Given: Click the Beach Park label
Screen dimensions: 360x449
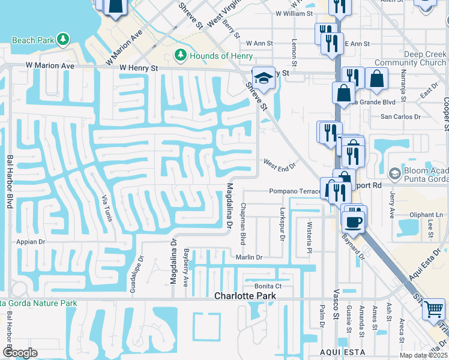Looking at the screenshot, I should click(x=34, y=40).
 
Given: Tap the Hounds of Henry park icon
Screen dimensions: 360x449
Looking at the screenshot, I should click(x=179, y=56).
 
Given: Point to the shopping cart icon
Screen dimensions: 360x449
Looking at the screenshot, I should click(x=433, y=310).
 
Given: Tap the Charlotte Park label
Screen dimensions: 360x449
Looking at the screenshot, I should click(x=245, y=296).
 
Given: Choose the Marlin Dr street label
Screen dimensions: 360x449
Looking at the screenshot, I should click(x=249, y=257).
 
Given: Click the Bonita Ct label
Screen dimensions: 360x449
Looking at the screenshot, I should click(x=268, y=286).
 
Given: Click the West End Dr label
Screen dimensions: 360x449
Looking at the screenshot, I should click(x=280, y=164).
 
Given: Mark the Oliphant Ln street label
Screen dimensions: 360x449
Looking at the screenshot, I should click(x=426, y=215).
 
